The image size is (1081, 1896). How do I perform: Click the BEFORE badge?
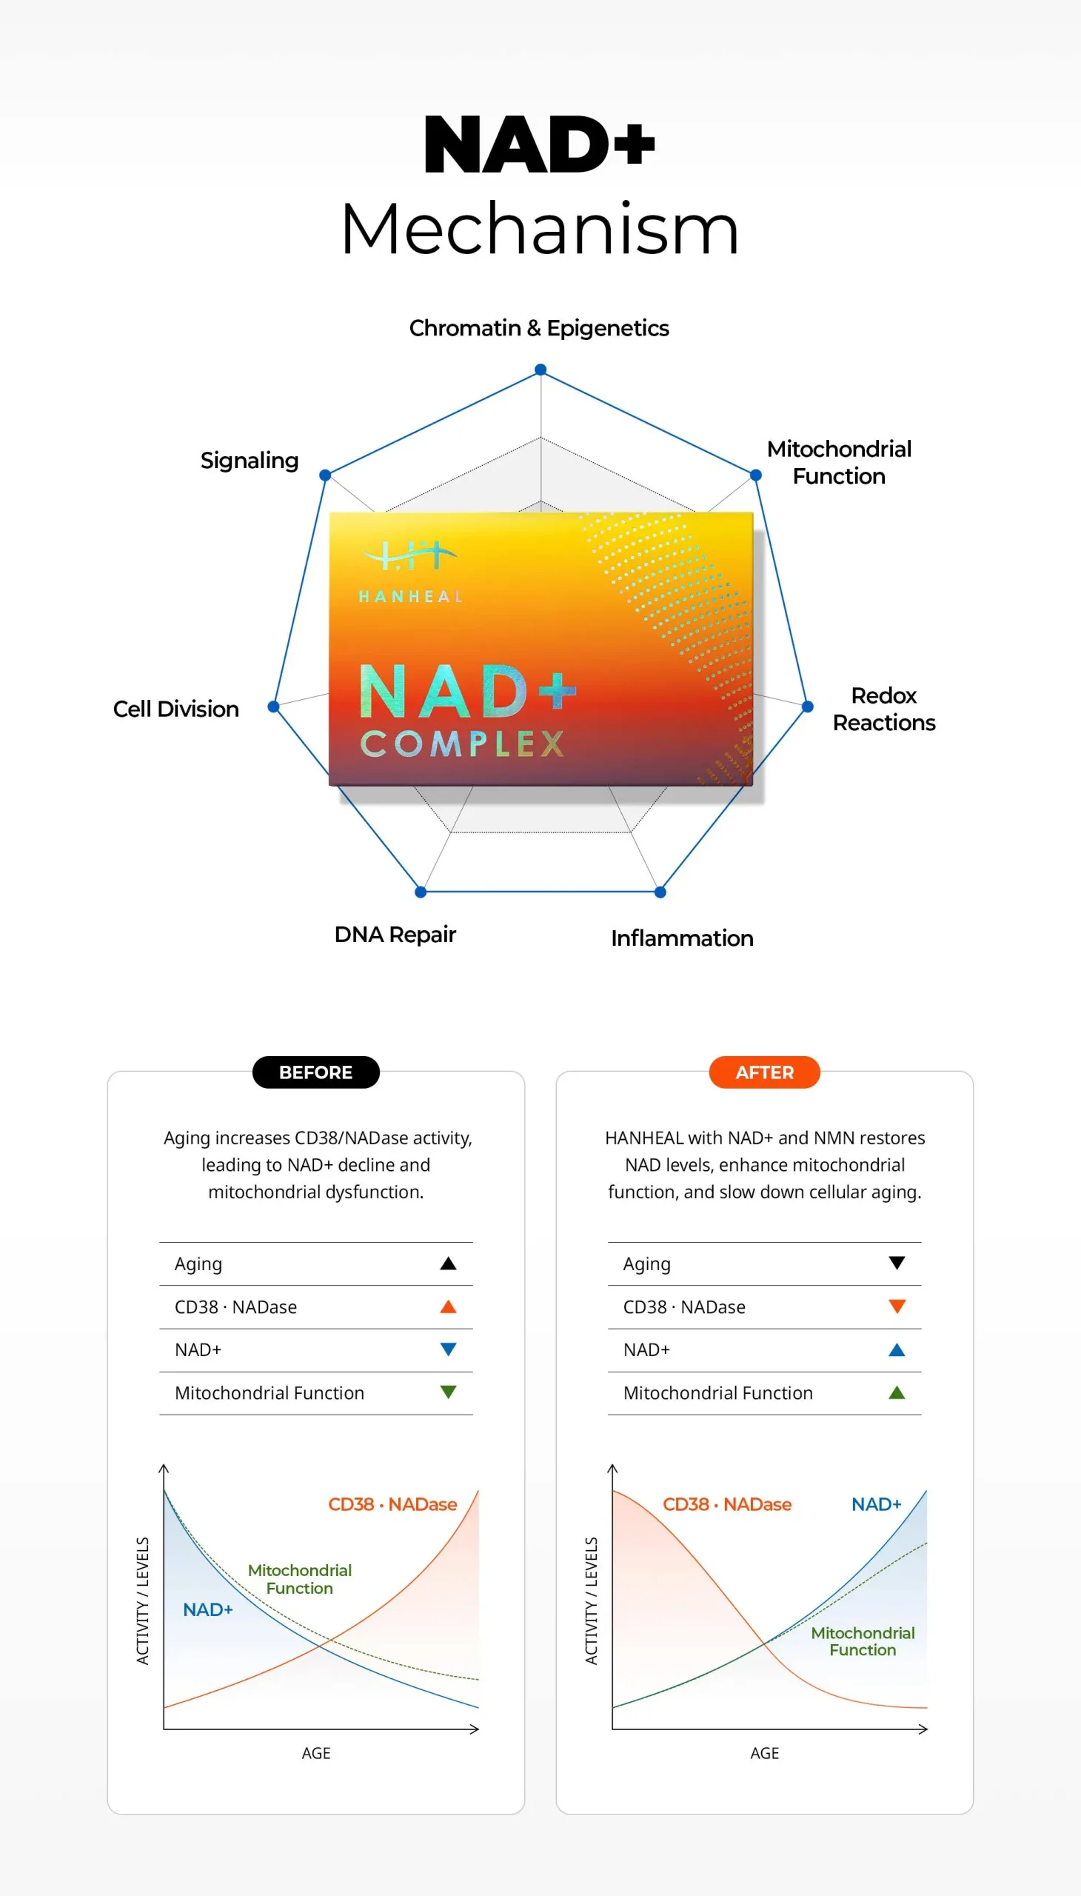click(315, 1072)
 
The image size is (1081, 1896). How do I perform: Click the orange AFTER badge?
click(764, 1072)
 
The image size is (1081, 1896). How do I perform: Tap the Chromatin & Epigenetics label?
click(539, 327)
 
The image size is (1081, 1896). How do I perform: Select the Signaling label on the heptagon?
click(250, 461)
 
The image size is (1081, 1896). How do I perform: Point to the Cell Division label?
click(176, 709)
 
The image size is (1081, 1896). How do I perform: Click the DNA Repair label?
click(395, 934)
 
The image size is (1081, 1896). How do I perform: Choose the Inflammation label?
click(682, 938)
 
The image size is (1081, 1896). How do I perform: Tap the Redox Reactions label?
click(883, 709)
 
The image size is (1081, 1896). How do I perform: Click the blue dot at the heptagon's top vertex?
click(540, 370)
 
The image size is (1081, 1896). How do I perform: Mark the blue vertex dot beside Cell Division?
click(273, 707)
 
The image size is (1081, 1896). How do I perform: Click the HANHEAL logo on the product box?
click(411, 572)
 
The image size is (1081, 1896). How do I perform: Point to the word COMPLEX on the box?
click(463, 744)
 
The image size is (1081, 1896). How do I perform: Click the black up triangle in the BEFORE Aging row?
click(448, 1264)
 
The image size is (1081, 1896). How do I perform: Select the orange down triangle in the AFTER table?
click(897, 1306)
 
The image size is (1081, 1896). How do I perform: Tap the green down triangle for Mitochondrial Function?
click(448, 1392)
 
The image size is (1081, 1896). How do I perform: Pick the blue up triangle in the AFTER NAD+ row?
click(897, 1349)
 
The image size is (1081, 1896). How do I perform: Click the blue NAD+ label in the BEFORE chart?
click(208, 1609)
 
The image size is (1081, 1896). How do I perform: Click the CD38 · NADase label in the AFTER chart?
click(727, 1504)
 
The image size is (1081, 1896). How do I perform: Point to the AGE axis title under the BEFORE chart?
click(315, 1752)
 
